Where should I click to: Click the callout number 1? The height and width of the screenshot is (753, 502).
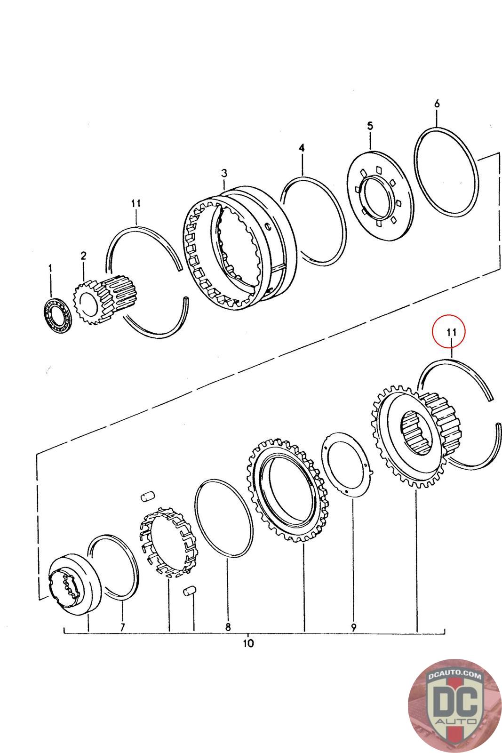(x=50, y=268)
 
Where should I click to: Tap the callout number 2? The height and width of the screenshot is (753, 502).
(x=83, y=256)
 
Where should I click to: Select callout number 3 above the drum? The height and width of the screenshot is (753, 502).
(x=224, y=174)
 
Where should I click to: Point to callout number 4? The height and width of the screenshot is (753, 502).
(x=302, y=148)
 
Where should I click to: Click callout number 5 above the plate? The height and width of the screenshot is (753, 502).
(x=370, y=126)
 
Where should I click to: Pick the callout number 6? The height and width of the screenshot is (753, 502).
(x=437, y=104)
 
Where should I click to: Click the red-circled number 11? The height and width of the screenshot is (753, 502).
(x=451, y=332)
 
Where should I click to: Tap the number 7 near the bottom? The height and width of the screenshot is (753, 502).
(x=122, y=627)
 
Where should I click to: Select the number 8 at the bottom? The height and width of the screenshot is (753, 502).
(x=228, y=627)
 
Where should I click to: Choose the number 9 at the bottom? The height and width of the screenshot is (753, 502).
(x=353, y=627)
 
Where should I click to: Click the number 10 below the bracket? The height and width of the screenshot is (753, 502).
(x=249, y=643)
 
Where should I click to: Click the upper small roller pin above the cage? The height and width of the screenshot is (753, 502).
(x=148, y=495)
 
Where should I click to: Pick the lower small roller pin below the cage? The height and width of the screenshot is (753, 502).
(x=189, y=591)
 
